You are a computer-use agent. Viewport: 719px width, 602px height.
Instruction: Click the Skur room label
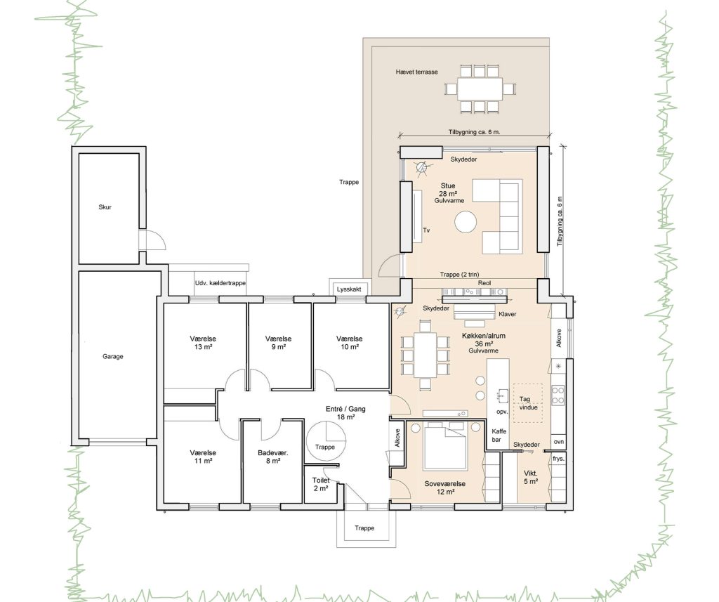pos(105,207)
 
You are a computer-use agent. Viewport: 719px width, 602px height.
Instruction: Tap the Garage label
pos(113,356)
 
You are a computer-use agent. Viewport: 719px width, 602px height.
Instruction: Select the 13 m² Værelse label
pos(203,343)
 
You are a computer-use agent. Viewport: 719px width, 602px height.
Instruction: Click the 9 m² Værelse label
pos(278,343)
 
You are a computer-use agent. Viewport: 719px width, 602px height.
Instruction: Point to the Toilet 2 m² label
pos(321,485)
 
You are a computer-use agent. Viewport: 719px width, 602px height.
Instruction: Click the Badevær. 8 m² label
pos(273,457)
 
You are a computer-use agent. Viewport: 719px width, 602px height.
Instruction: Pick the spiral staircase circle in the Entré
pos(325,440)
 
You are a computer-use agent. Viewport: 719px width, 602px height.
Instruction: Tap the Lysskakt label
pos(349,289)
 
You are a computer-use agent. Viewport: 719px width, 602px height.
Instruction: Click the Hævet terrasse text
pos(417,72)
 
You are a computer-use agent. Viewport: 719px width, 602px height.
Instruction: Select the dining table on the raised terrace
pos(480,89)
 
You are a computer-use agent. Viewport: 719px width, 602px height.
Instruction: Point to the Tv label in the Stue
pos(426,230)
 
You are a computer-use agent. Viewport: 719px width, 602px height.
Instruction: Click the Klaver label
pos(507,314)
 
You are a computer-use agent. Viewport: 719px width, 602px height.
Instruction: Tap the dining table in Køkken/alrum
pos(425,355)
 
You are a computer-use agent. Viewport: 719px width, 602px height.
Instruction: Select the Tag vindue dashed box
pos(528,403)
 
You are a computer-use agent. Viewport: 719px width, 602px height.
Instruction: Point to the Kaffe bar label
pos(499,436)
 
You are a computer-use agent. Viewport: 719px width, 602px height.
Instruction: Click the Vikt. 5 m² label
pos(531,477)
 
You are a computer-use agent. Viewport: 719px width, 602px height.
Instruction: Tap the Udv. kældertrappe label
pos(220,283)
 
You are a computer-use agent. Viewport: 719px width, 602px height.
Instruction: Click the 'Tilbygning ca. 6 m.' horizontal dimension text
pos(474,132)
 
